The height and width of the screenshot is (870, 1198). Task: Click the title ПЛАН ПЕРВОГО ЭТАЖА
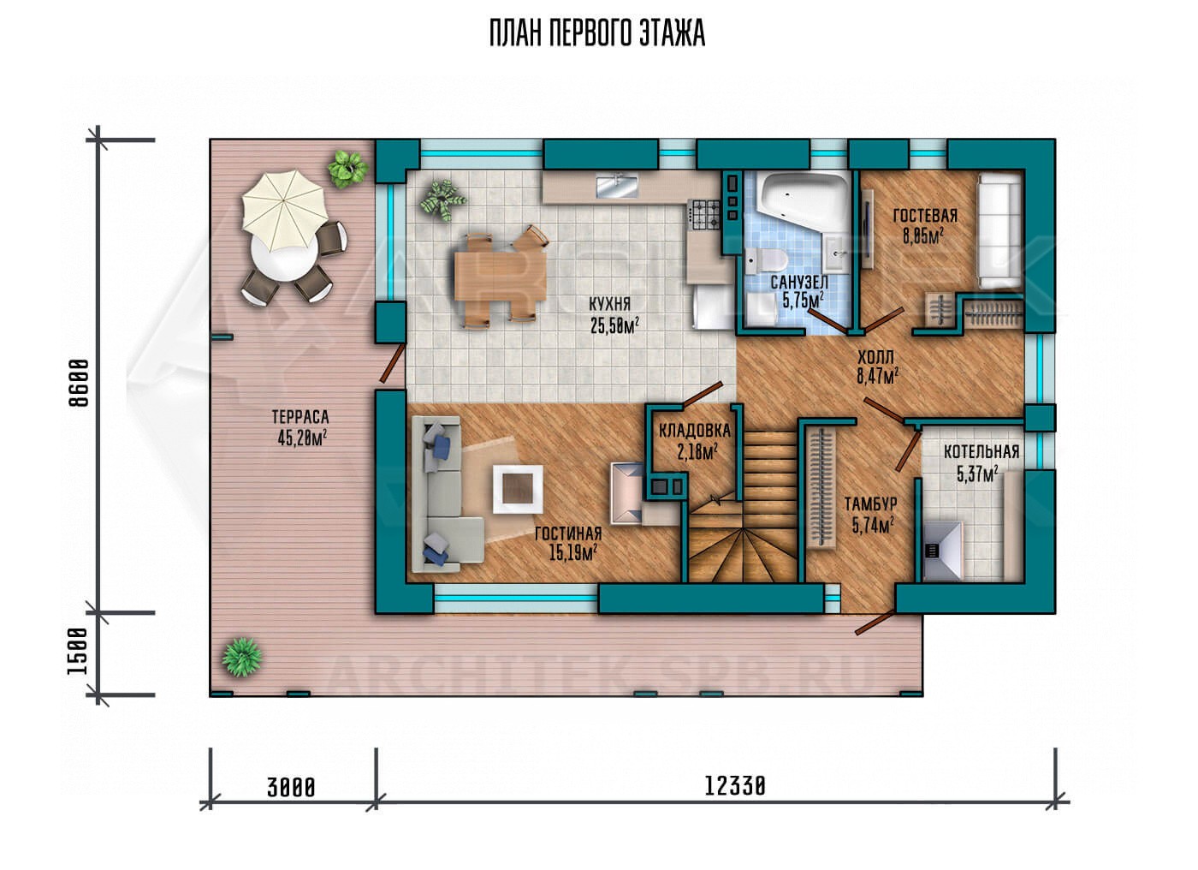click(x=597, y=33)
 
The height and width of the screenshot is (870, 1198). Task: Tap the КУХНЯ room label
click(x=609, y=304)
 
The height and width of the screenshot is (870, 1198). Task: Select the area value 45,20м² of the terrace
click(x=302, y=438)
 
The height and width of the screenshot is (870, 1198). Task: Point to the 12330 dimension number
click(x=735, y=787)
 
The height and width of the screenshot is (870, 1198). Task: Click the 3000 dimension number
click(x=291, y=788)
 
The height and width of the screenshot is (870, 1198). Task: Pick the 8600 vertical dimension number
click(x=79, y=383)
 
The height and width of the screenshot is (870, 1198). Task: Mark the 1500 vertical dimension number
click(x=78, y=652)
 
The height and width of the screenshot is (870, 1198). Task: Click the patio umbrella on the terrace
click(x=284, y=210)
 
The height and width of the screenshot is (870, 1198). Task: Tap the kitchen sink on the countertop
click(x=618, y=186)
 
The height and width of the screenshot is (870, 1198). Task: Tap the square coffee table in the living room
click(x=518, y=489)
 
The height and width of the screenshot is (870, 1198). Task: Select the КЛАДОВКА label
click(x=694, y=431)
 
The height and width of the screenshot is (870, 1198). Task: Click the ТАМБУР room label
click(x=871, y=504)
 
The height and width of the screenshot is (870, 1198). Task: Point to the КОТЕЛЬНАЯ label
click(x=982, y=452)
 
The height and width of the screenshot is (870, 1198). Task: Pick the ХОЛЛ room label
click(x=875, y=357)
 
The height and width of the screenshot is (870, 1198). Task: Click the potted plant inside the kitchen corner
click(x=442, y=199)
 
